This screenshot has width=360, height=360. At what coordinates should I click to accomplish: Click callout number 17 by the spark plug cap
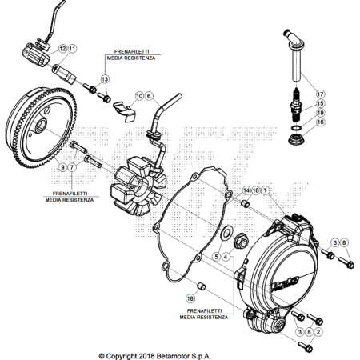point(320,94)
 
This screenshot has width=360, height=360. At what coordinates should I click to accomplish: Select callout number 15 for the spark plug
point(320,103)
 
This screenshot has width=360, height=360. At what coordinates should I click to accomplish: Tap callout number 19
point(320,113)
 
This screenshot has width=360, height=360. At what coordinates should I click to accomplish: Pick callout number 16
point(320,122)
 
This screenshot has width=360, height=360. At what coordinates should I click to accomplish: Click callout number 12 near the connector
point(62,49)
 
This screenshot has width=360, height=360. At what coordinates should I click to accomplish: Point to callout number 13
point(105,79)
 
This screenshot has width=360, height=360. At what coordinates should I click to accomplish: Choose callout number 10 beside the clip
point(139,96)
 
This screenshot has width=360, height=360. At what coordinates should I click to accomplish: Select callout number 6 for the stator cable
point(149,96)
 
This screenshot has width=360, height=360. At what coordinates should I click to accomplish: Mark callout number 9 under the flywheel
point(62,167)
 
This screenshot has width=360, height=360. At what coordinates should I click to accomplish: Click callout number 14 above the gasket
point(246,190)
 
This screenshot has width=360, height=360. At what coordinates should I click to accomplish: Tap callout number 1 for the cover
point(265,190)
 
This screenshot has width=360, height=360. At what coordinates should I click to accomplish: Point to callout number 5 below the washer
point(216,257)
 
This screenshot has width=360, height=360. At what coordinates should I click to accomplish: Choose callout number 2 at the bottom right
point(318,332)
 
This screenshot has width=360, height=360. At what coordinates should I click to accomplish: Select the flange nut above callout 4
point(241,240)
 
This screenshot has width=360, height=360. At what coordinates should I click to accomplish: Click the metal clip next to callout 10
point(125,110)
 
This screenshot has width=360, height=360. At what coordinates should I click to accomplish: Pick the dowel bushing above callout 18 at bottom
point(202,286)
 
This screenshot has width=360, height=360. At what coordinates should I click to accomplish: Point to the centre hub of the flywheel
point(42,126)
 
